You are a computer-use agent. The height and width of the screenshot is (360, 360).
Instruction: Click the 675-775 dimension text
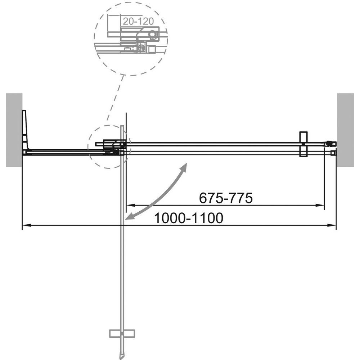click(226, 198)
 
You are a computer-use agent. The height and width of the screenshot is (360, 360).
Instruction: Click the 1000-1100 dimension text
click(189, 218)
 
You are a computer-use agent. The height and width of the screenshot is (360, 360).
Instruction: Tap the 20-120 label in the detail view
click(138, 21)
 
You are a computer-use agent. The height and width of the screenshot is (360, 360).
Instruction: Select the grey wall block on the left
click(14, 130)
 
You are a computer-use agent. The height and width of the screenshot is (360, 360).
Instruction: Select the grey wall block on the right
click(345, 130)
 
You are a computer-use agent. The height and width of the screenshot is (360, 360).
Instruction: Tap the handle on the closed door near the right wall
click(303, 144)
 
